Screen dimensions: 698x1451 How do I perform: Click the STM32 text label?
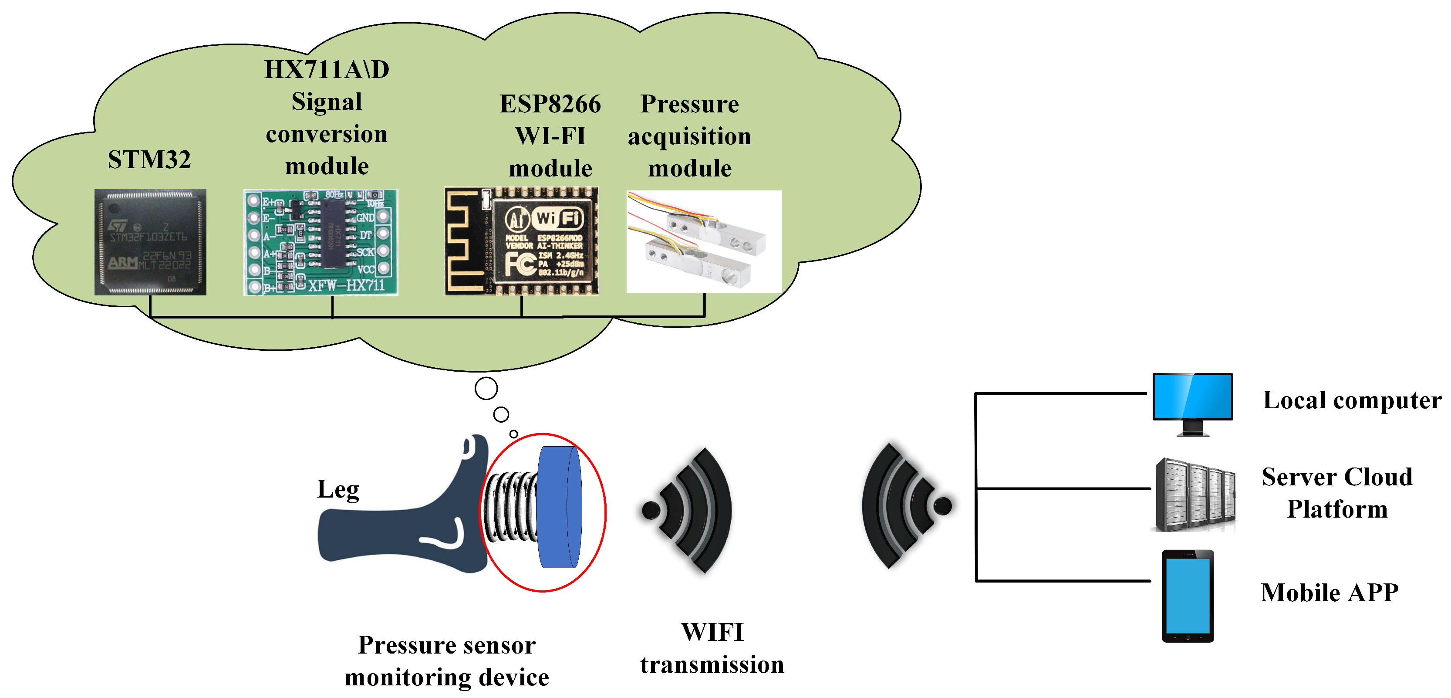(149, 159)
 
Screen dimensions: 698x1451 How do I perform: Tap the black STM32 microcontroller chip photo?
(150, 242)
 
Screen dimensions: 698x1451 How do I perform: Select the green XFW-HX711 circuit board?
(321, 242)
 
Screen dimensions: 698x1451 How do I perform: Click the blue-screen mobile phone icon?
(1188, 596)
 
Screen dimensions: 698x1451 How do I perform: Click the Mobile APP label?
(1330, 593)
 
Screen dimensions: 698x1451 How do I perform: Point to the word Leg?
(338, 489)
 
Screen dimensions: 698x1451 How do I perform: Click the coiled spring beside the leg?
(510, 507)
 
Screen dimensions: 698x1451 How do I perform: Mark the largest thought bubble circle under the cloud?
(486, 388)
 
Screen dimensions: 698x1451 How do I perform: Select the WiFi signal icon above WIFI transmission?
(688, 510)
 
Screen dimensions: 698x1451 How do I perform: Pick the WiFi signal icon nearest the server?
(904, 506)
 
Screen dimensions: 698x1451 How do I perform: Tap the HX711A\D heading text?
(327, 70)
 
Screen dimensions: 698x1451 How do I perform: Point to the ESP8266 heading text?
(550, 104)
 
